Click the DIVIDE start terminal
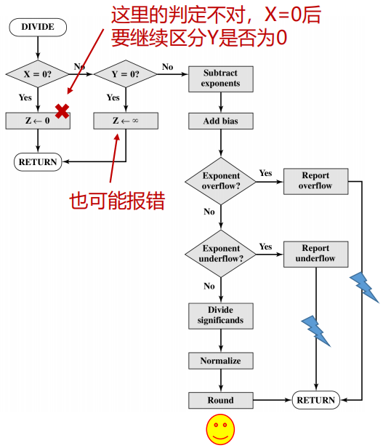tap(37, 28)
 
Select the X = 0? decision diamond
tap(37, 74)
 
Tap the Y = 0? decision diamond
tap(126, 74)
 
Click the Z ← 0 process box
tap(38, 121)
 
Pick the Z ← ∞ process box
tap(126, 121)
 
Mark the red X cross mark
tap(63, 111)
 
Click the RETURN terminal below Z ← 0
tap(37, 161)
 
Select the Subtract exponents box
tap(220, 79)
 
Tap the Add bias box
tap(220, 121)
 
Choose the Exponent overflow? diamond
tap(220, 181)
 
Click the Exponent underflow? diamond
tap(220, 254)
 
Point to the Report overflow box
tap(315, 181)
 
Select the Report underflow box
tap(315, 254)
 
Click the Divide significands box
tap(220, 316)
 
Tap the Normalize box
tap(220, 361)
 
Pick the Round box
tap(220, 400)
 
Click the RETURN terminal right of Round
tap(315, 400)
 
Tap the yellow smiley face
tap(220, 429)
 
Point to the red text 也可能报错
tap(116, 201)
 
